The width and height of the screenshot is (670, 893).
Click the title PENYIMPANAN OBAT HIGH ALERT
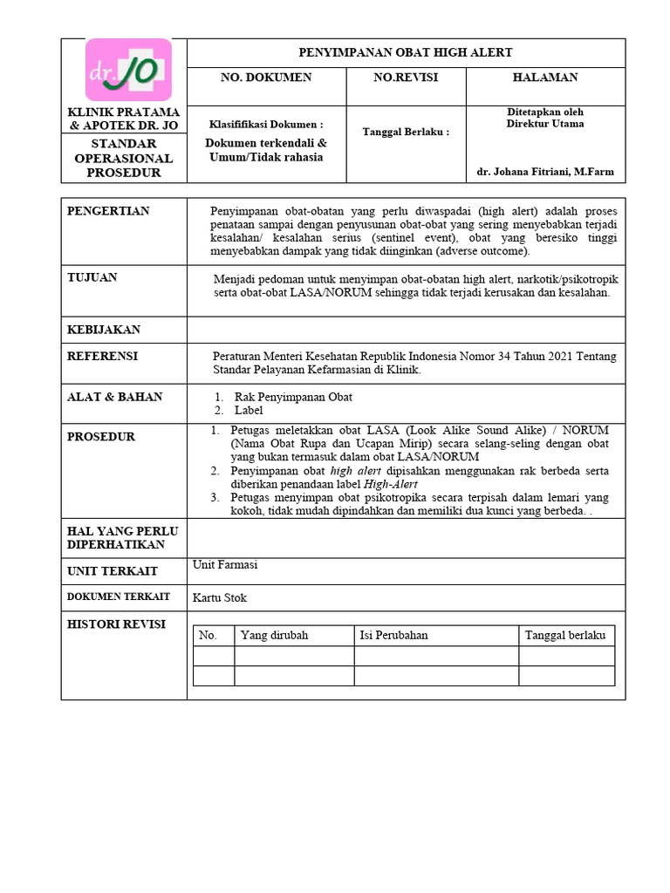[x=406, y=53]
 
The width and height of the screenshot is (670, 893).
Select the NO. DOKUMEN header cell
[x=266, y=78]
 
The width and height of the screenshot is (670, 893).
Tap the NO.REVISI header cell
[x=406, y=78]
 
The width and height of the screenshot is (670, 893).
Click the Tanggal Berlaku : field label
[x=406, y=133]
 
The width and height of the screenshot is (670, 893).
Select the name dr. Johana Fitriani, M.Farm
[x=545, y=172]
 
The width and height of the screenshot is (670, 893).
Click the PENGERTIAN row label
[x=108, y=211]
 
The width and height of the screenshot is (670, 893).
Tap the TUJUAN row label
[x=92, y=277]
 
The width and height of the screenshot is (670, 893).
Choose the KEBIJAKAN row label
[x=104, y=330]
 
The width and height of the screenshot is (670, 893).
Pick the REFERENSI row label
[x=102, y=357]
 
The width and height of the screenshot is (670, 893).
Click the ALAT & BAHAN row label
[x=115, y=397]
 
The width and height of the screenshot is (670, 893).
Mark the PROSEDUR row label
[x=101, y=437]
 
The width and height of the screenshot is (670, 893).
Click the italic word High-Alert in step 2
[x=391, y=484]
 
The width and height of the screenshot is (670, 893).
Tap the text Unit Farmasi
[x=225, y=565]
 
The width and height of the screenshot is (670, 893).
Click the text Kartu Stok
[x=220, y=598]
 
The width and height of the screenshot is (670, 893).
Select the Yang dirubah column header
[x=274, y=635]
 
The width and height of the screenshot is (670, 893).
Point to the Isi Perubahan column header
[x=393, y=635]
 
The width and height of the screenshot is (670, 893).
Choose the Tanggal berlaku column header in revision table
[x=564, y=635]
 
